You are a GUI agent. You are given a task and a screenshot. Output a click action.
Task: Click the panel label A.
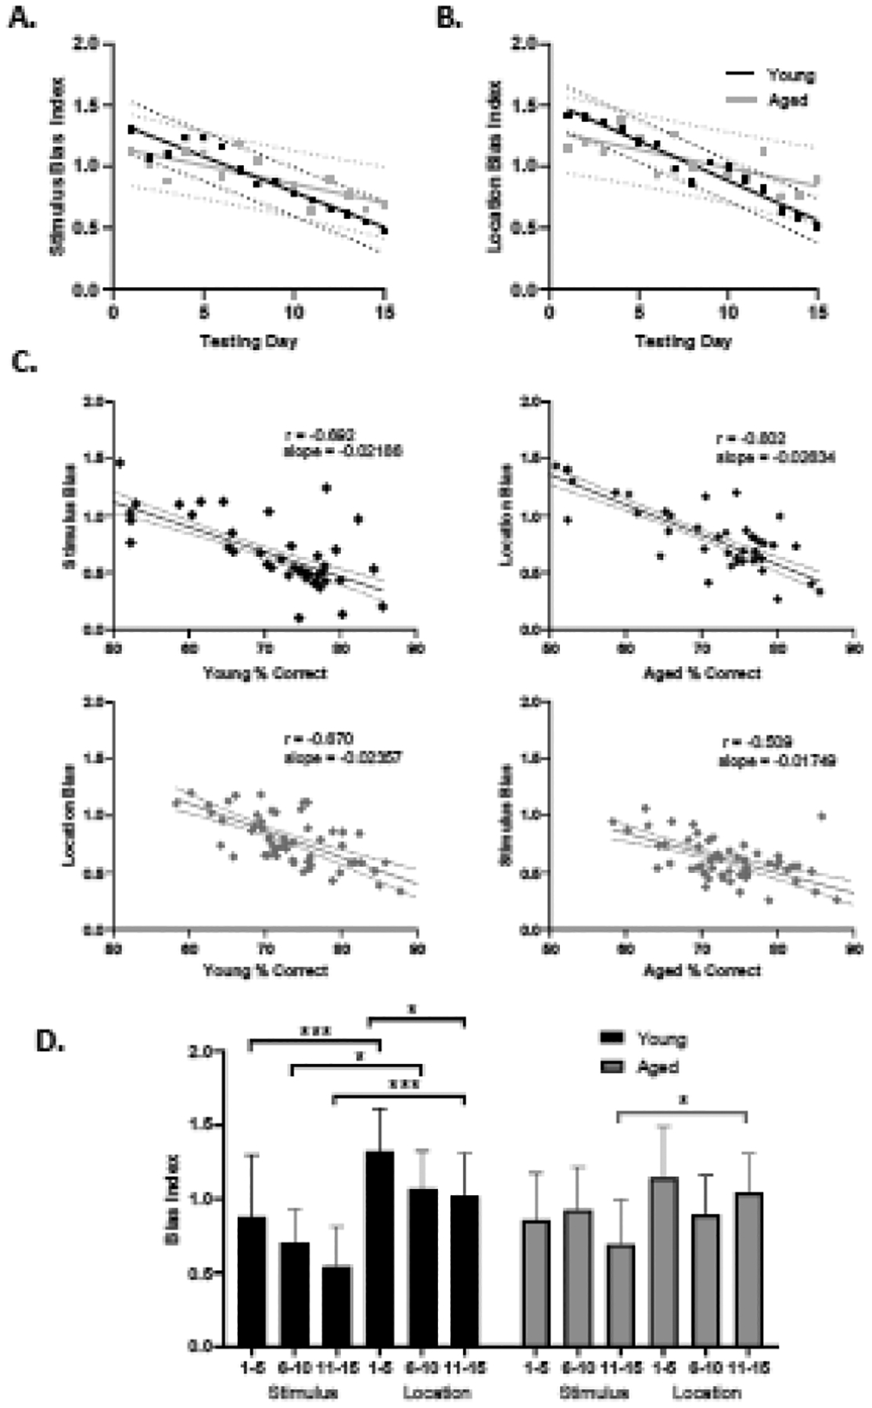[x=21, y=17]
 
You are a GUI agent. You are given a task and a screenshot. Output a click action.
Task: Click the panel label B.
[x=448, y=17]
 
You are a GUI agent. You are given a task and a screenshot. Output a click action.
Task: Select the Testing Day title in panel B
[x=682, y=341]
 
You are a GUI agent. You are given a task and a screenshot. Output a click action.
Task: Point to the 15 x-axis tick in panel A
[x=383, y=312]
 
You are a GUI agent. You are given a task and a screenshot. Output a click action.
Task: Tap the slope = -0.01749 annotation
[x=777, y=760]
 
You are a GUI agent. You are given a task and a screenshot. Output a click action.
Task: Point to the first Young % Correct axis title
[x=264, y=673]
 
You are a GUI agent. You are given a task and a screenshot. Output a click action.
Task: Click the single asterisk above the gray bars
[x=684, y=1100]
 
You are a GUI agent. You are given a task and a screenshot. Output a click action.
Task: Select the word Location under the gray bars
[x=706, y=1392]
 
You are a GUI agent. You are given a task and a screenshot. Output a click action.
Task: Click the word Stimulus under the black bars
[x=303, y=1392]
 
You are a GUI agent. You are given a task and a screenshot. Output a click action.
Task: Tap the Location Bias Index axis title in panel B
[x=494, y=167]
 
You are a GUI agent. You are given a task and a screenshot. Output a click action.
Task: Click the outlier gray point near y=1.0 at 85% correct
[x=821, y=816]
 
